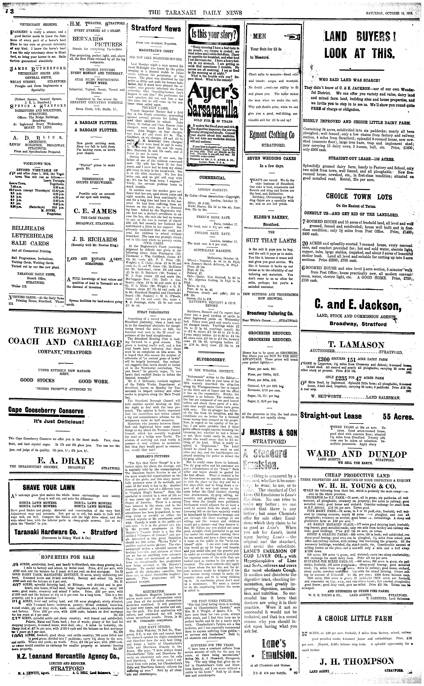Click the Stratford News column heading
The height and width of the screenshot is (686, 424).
(152, 28)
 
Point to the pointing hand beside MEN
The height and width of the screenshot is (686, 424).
(292, 36)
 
